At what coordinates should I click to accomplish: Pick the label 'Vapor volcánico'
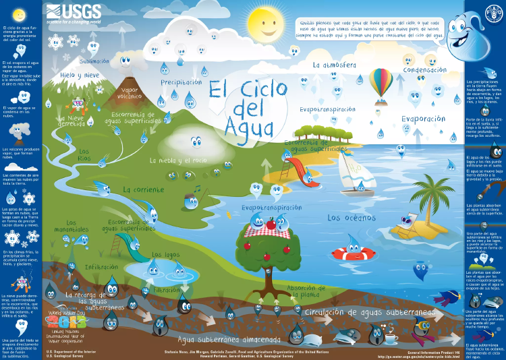tap(129, 92)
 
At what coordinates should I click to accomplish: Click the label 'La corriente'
tap(143, 189)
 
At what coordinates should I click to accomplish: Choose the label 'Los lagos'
tap(165, 254)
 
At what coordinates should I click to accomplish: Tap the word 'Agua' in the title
tap(246, 125)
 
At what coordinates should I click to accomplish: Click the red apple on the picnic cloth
tap(271, 224)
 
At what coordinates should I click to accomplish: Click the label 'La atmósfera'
tap(334, 65)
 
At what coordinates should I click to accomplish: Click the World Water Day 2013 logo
tap(65, 316)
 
